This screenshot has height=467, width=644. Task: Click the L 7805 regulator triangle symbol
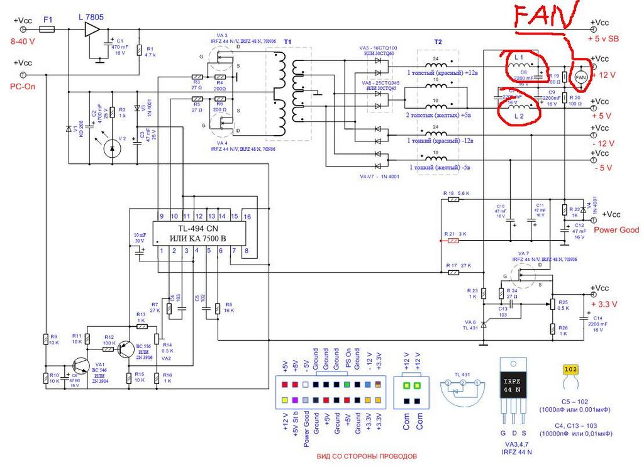92,30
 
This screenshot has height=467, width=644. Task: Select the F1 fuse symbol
47,29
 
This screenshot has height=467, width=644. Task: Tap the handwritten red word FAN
545,18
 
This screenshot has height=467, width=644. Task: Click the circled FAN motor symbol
581,76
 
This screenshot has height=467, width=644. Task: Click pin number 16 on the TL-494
248,216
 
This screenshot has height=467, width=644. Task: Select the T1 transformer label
288,41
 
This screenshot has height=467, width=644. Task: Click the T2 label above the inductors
438,41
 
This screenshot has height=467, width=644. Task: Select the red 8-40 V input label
23,41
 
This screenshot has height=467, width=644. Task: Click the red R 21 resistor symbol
451,239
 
